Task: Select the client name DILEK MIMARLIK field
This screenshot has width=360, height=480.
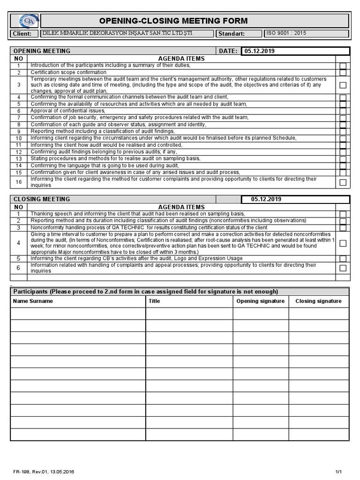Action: (117, 33)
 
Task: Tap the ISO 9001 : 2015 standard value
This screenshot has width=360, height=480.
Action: (286, 33)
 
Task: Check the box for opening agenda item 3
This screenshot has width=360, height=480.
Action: (343, 85)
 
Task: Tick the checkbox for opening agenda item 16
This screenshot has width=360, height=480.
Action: (343, 182)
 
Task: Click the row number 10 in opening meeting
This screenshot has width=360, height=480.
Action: (19, 139)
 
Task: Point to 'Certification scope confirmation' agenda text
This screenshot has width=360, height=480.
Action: (68, 73)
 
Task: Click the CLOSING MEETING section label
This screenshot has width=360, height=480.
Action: (42, 199)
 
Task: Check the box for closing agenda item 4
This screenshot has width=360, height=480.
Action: (343, 243)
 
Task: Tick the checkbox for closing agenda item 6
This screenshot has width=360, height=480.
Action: (343, 268)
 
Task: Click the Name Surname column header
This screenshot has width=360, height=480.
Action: (33, 301)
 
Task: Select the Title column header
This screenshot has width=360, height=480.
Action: (154, 301)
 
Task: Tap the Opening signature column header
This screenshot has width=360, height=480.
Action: (261, 301)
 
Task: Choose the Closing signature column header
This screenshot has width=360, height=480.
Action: (318, 301)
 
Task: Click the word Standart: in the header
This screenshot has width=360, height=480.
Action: (232, 34)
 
